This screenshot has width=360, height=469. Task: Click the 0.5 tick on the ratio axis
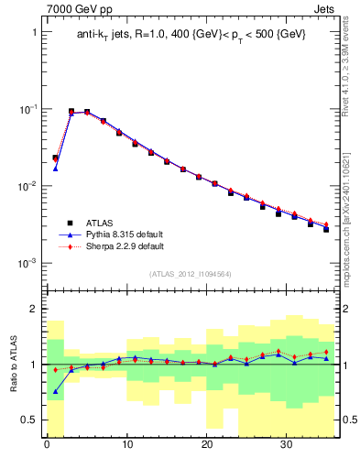coord(31,420)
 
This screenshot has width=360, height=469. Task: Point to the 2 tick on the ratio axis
coord(35,309)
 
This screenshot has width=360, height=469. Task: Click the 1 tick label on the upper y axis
coord(35,31)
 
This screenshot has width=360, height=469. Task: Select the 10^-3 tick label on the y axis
coord(28,264)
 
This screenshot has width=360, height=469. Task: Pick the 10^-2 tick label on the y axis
coord(28,187)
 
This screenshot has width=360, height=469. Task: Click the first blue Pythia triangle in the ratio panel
coord(55,391)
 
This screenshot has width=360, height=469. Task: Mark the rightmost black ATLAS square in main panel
coord(326,229)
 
